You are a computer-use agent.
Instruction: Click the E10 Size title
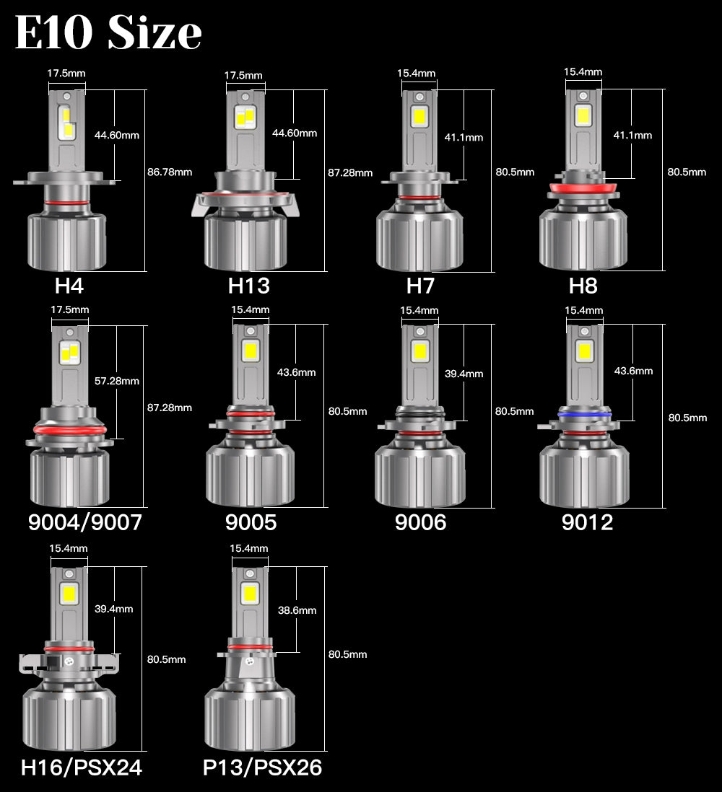(x=108, y=33)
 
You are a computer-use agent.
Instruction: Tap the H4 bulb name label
(x=69, y=286)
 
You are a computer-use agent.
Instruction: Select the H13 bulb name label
(x=248, y=286)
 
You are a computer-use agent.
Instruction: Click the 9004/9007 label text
(x=85, y=522)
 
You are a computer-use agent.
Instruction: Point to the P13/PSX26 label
(x=262, y=767)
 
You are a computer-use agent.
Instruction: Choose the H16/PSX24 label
(x=82, y=767)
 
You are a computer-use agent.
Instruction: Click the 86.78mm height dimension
(x=170, y=172)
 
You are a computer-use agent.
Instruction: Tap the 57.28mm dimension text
(x=117, y=381)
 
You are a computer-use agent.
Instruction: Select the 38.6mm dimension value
(x=297, y=610)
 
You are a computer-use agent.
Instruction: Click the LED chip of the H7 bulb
(x=419, y=115)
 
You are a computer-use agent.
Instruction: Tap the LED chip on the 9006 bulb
(x=419, y=351)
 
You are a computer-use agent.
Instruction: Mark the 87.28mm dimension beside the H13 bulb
(x=350, y=172)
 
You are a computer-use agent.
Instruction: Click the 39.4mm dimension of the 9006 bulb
(x=464, y=374)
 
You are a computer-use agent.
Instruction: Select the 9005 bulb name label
(x=250, y=522)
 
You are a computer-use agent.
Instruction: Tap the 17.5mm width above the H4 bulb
(x=66, y=73)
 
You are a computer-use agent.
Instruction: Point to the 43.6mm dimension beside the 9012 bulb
(x=633, y=371)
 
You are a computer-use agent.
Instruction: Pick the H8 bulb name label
(x=583, y=286)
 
